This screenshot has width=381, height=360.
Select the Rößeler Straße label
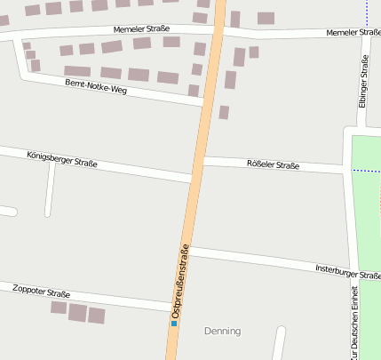(x=273, y=164)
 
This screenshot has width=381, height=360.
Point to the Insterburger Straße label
(x=347, y=270)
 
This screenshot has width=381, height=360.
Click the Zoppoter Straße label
(x=41, y=291)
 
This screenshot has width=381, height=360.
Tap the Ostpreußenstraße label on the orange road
(x=180, y=281)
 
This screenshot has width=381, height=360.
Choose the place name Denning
(x=222, y=331)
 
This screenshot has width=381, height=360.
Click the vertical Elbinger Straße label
(x=362, y=83)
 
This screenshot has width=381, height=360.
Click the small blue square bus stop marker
(x=174, y=324)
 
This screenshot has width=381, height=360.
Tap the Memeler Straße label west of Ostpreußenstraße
(x=141, y=29)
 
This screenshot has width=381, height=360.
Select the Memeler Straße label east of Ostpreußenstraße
(x=353, y=33)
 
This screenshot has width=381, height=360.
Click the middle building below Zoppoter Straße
(x=78, y=312)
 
